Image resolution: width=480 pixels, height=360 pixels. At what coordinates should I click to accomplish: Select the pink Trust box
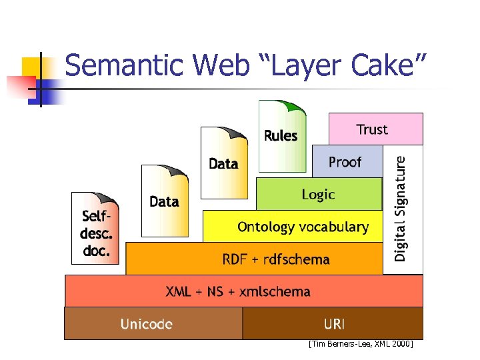pos(375,129)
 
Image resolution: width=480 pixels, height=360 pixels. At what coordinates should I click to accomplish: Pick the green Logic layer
pos(319,195)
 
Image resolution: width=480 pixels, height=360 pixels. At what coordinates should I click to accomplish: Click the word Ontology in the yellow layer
pos(266,227)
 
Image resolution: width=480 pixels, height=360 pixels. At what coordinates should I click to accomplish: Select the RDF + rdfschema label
pos(276,259)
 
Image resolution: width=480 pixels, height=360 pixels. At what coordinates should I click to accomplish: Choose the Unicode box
pos(147,324)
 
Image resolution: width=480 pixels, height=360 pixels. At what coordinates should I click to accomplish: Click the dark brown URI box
pos(333,324)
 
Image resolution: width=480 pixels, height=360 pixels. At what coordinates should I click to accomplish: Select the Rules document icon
pos(280,137)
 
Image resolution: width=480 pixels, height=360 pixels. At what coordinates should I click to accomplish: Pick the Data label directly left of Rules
pos(223,163)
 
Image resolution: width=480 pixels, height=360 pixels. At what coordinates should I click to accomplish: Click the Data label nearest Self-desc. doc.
pos(164,201)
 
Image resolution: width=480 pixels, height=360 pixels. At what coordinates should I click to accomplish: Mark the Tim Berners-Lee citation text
pos(361,344)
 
